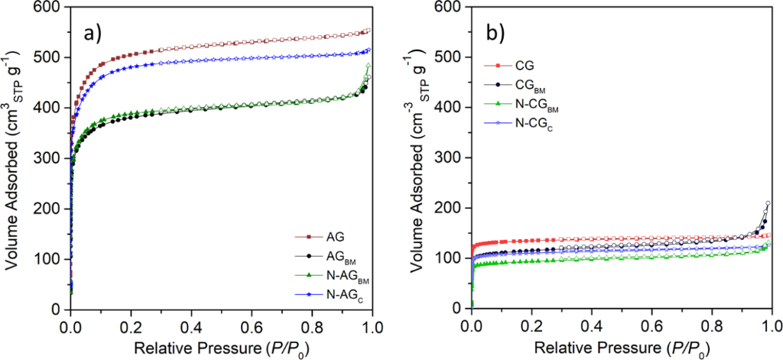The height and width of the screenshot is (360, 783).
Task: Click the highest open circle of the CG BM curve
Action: tap(767, 203)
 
